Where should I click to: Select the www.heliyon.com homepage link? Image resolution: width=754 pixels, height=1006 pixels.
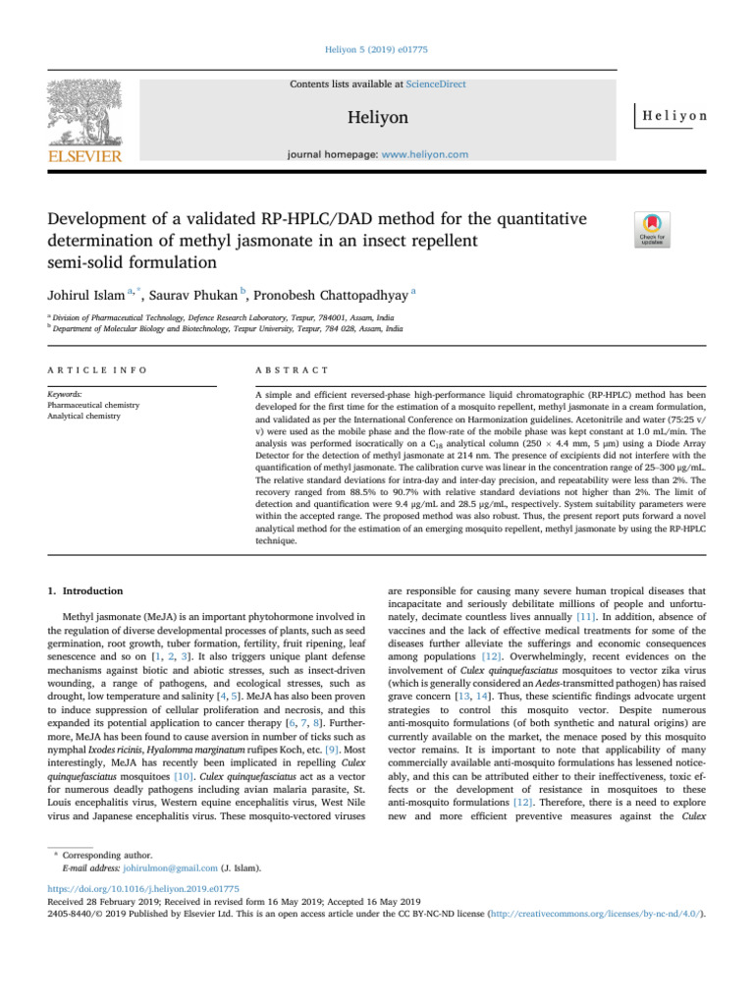tap(423, 154)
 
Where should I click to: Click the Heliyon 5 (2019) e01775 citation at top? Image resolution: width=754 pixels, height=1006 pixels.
tap(377, 46)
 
